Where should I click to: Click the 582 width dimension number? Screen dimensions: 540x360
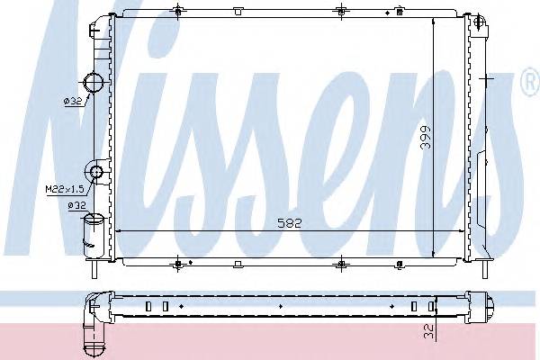pyautogui.click(x=289, y=223)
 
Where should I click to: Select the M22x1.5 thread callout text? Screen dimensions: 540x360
pyautogui.click(x=65, y=189)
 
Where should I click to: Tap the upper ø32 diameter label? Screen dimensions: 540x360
pyautogui.click(x=73, y=101)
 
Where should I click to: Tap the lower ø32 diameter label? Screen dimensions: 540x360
pyautogui.click(x=76, y=206)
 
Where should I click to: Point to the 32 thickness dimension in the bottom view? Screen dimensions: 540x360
pyautogui.click(x=428, y=332)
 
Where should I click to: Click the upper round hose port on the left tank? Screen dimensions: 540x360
pyautogui.click(x=94, y=83)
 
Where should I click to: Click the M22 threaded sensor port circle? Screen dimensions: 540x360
pyautogui.click(x=95, y=171)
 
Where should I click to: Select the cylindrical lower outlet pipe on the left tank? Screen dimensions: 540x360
pyautogui.click(x=94, y=236)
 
